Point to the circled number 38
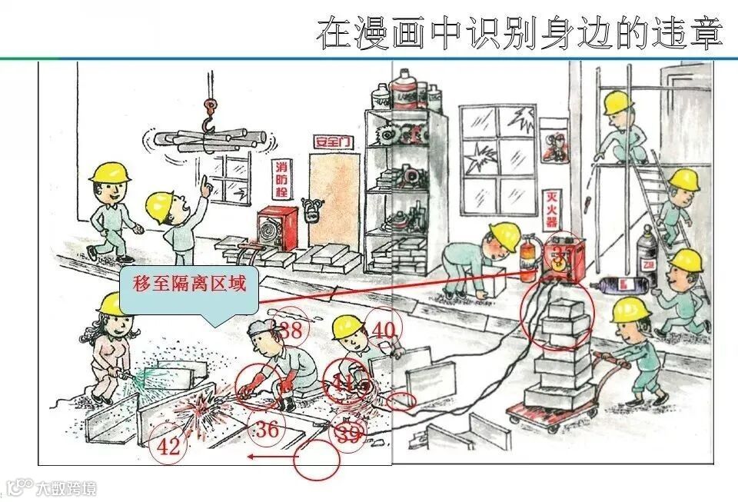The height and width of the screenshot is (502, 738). click(290, 331)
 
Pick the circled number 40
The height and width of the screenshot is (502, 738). click(383, 330)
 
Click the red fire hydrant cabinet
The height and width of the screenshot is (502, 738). click(277, 228)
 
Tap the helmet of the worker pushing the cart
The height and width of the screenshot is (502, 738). click(631, 310)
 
